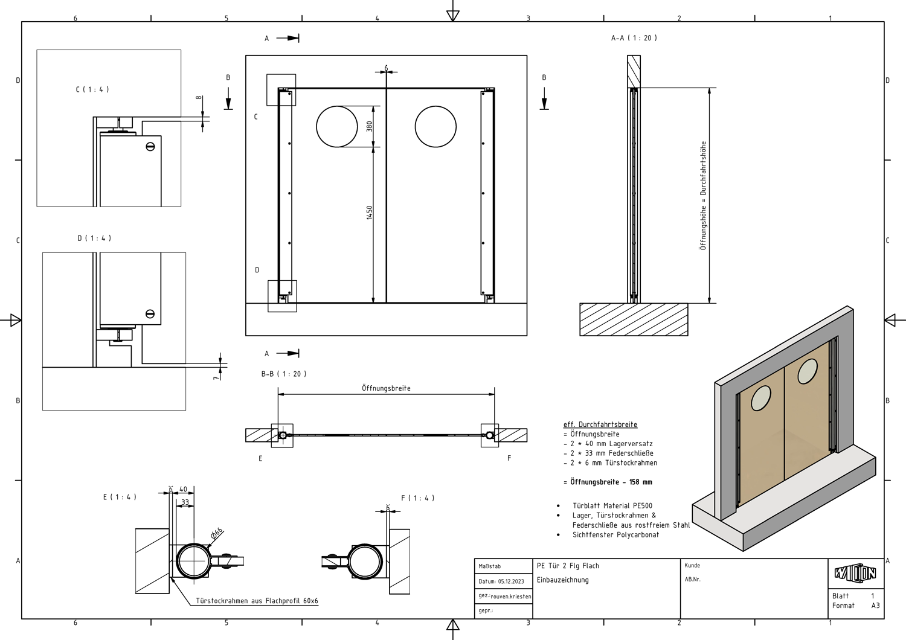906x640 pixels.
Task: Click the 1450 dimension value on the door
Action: pyautogui.click(x=369, y=213)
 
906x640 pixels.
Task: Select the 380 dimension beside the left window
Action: pyautogui.click(x=369, y=126)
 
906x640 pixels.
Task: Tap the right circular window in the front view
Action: pyautogui.click(x=435, y=126)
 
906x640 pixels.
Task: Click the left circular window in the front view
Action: pyautogui.click(x=336, y=126)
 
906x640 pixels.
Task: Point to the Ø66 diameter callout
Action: pyautogui.click(x=217, y=533)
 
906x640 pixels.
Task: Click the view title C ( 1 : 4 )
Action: pyautogui.click(x=92, y=89)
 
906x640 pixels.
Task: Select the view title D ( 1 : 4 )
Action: pyautogui.click(x=94, y=238)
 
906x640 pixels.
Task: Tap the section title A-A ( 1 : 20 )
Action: pyautogui.click(x=634, y=38)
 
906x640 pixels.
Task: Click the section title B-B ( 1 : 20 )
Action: pyautogui.click(x=284, y=374)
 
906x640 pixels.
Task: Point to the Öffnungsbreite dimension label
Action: pyautogui.click(x=386, y=388)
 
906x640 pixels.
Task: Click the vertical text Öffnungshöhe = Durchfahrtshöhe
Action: pyautogui.click(x=703, y=196)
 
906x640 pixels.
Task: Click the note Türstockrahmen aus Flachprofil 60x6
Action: pyautogui.click(x=257, y=601)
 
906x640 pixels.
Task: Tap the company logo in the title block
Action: pyautogui.click(x=855, y=573)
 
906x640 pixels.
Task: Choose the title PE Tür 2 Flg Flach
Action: pyautogui.click(x=568, y=566)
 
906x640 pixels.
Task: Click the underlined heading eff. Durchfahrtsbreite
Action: pyautogui.click(x=600, y=424)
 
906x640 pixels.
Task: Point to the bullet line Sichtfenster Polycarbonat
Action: pyautogui.click(x=615, y=535)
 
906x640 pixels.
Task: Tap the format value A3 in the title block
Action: pyautogui.click(x=875, y=606)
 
